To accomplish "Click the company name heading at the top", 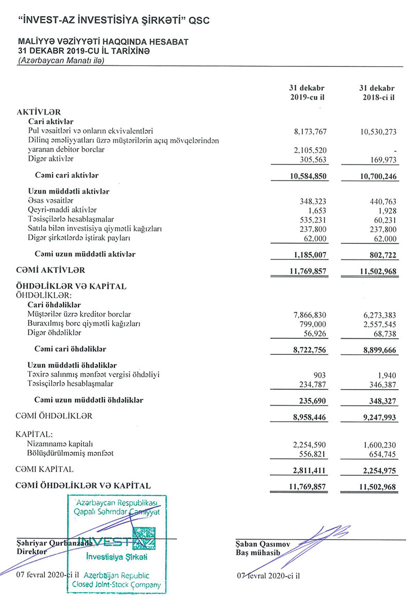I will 114,20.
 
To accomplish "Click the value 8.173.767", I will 310,131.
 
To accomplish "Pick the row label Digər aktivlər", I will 50,159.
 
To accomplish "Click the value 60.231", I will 384,219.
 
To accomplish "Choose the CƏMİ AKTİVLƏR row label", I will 50,270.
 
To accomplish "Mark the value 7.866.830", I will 310,314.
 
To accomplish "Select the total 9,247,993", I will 377,417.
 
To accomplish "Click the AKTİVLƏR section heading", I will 39,112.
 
